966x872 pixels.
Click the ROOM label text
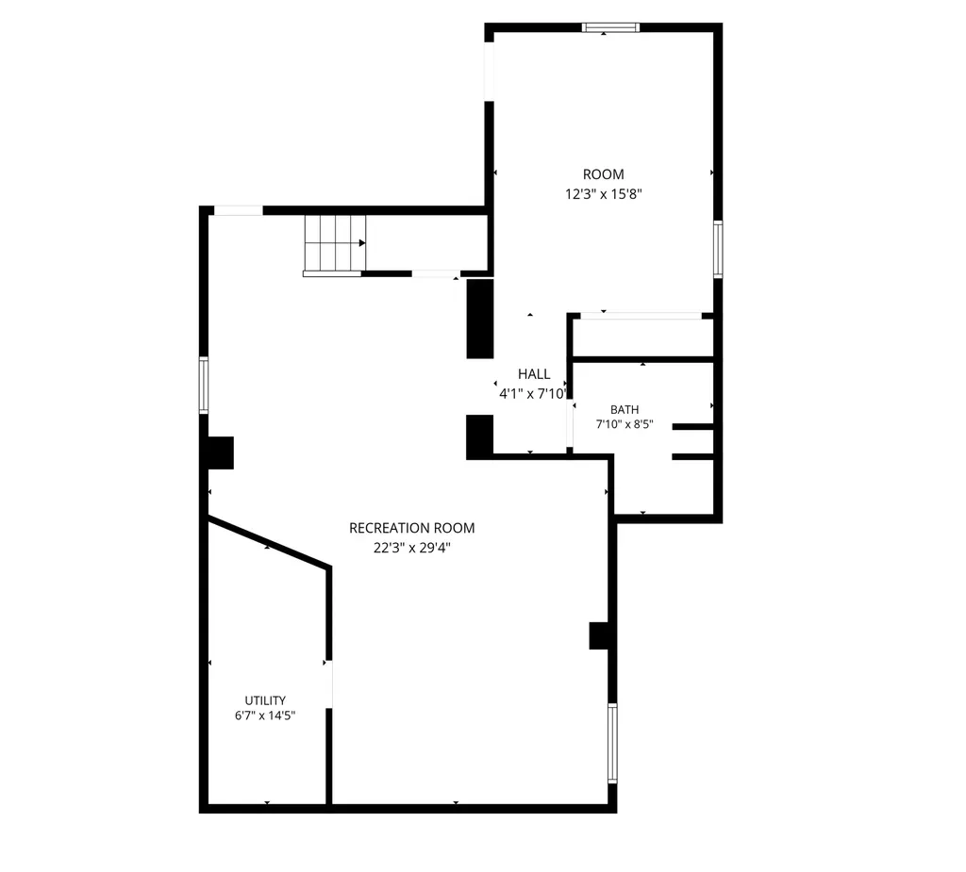(x=603, y=174)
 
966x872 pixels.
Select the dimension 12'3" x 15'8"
(x=604, y=194)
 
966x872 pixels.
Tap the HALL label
(x=534, y=374)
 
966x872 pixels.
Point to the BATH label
(x=625, y=409)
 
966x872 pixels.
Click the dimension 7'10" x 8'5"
(x=625, y=424)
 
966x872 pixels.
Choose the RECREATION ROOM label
(x=411, y=528)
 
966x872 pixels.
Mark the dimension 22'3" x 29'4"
(x=412, y=548)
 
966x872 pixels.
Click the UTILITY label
(x=265, y=700)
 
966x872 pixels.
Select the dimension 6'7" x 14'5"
(x=265, y=716)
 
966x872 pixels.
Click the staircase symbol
(x=335, y=244)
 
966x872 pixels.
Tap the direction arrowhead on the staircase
(x=362, y=243)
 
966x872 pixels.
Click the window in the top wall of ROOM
(x=610, y=27)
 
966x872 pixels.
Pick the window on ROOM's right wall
(x=718, y=250)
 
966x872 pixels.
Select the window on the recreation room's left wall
(x=204, y=385)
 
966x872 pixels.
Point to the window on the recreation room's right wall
(x=612, y=743)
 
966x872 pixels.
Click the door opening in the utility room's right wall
(x=329, y=684)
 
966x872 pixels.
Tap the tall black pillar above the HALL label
(x=480, y=319)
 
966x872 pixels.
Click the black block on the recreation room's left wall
(x=221, y=452)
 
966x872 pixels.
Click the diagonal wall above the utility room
(x=269, y=542)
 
